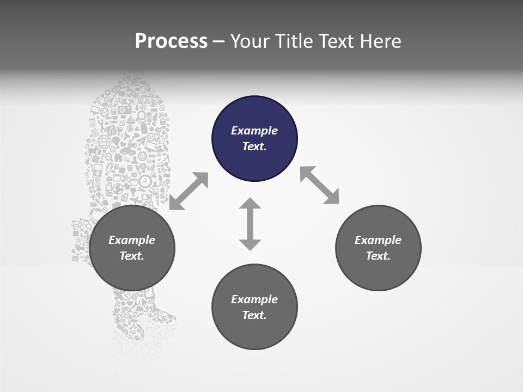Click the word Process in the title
171,41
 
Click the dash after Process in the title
218,42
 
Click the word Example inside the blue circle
254,131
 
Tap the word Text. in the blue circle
254,146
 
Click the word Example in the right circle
378,240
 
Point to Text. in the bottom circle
254,315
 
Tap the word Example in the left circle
132,240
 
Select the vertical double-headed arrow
250,224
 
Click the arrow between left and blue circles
188,191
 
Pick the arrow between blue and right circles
320,185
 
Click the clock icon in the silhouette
145,181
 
